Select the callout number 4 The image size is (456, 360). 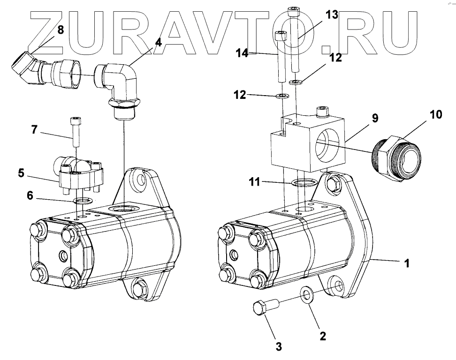tap(158, 43)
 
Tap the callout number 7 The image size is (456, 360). tap(34, 130)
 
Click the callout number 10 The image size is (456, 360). tap(435, 114)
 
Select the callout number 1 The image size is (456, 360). tap(407, 263)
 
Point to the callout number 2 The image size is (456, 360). tap(323, 336)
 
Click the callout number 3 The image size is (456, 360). tap(278, 347)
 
